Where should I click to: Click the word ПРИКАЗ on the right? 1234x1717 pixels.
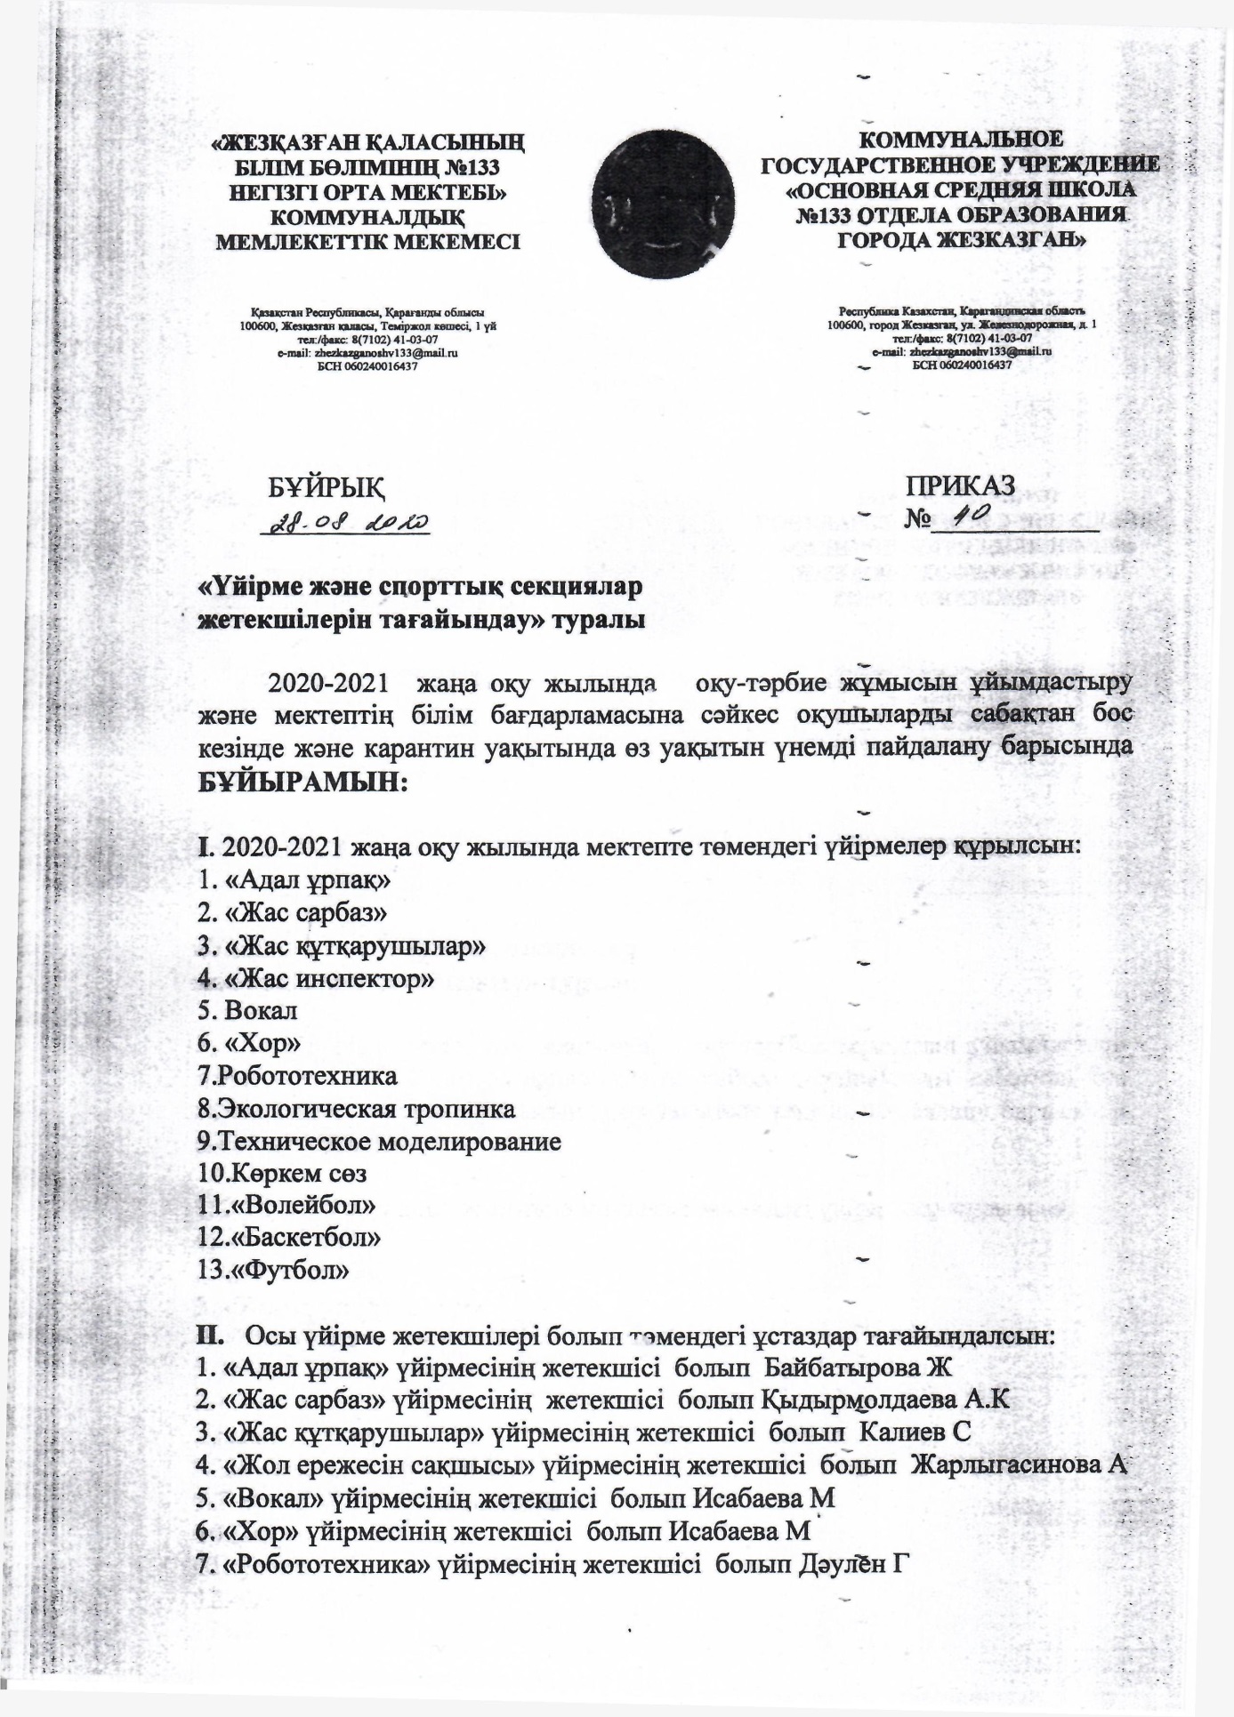pos(960,485)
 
